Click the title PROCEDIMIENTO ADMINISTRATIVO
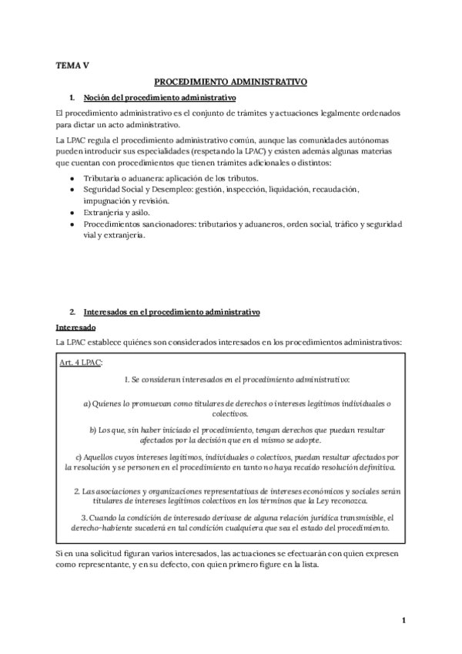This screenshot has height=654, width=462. [x=231, y=80]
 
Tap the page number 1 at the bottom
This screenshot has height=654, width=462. [x=403, y=619]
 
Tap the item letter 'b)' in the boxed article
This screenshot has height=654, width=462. [x=93, y=429]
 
